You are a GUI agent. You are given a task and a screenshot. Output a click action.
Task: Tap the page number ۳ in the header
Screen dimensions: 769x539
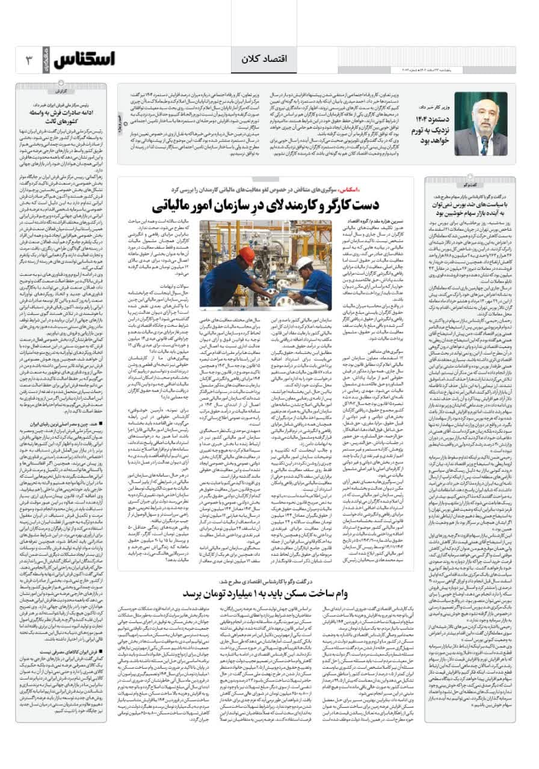pyautogui.click(x=26, y=59)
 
